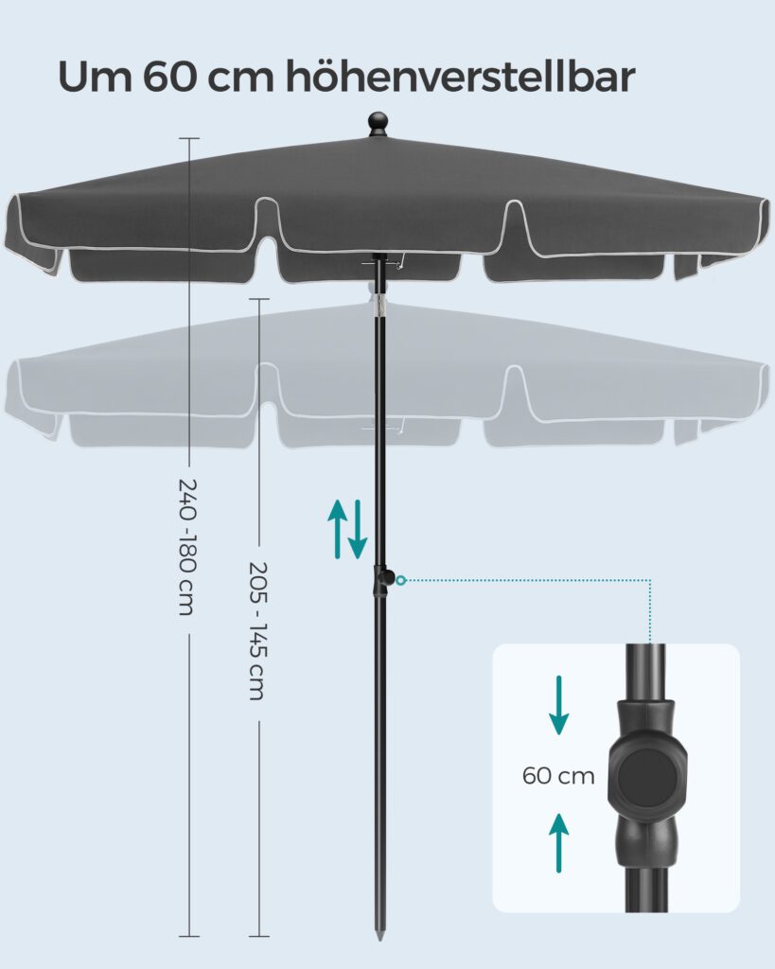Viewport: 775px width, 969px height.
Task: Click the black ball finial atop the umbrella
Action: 379,125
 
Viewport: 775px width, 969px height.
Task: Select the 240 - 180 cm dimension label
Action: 185,547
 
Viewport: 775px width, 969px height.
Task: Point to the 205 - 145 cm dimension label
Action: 256,630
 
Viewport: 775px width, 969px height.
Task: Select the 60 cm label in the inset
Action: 558,776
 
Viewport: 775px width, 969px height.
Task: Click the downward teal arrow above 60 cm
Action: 559,705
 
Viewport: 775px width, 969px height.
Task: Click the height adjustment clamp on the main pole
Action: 382,579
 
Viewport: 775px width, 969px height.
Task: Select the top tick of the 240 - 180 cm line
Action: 188,137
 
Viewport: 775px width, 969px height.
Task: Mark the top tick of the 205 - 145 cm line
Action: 257,299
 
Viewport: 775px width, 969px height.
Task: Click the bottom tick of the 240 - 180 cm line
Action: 188,936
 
